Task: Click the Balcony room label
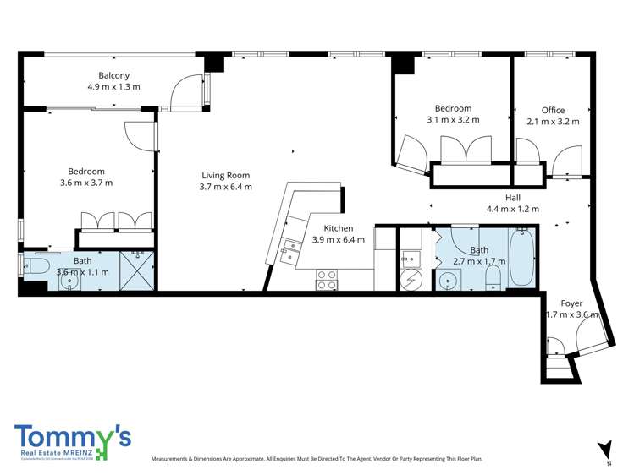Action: (x=113, y=74)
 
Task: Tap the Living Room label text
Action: (x=225, y=175)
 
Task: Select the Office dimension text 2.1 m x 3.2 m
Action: (x=553, y=121)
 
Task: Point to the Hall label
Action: (x=513, y=197)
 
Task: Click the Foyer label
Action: (x=571, y=303)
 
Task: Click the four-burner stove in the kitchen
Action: (x=327, y=279)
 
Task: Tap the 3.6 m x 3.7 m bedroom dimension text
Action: (x=86, y=183)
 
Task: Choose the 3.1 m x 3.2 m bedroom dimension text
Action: (x=453, y=120)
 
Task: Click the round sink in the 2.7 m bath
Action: (x=447, y=281)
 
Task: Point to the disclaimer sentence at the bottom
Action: (x=317, y=459)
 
